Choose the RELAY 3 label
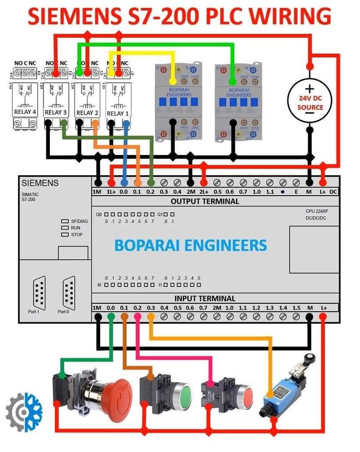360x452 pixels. [x=56, y=113]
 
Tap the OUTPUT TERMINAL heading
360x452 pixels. [x=204, y=201]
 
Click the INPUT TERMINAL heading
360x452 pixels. [x=205, y=298]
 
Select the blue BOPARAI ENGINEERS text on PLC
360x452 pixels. [x=191, y=245]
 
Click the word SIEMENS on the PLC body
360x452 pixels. [x=40, y=183]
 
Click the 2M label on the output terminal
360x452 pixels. [x=191, y=192]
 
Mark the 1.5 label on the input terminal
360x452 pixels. [x=296, y=308]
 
